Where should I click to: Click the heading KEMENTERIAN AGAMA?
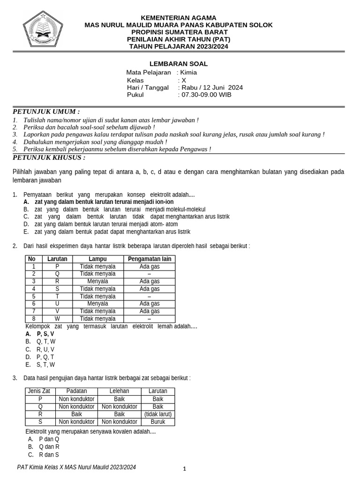[x=178, y=18]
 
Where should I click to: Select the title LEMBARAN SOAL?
[x=178, y=64]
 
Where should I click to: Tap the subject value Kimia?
[x=188, y=73]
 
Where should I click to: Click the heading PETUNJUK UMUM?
[x=46, y=112]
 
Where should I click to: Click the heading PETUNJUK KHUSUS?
[x=49, y=157]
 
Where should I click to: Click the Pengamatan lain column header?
[x=150, y=259]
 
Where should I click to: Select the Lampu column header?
[x=97, y=259]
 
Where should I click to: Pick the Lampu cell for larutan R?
[x=97, y=281]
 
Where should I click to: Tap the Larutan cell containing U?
[x=57, y=304]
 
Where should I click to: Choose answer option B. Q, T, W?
[x=41, y=342]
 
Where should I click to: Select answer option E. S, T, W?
[x=41, y=364]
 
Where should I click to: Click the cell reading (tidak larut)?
[x=158, y=414]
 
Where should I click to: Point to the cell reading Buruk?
[x=158, y=422]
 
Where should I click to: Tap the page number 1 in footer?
[x=185, y=469]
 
